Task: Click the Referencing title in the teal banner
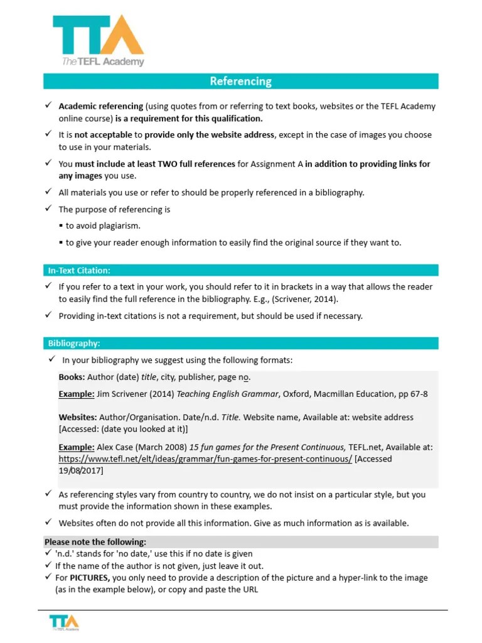240,81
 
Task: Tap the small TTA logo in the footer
64,622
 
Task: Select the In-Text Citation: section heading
79,270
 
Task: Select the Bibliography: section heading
74,343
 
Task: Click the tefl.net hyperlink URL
205,459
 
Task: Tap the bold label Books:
72,377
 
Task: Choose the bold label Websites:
78,417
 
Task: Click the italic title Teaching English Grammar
227,394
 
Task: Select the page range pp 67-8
413,394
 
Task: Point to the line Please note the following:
95,542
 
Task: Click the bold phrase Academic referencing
101,106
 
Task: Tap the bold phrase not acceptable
104,134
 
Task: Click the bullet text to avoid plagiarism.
103,225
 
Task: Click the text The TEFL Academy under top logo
103,62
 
